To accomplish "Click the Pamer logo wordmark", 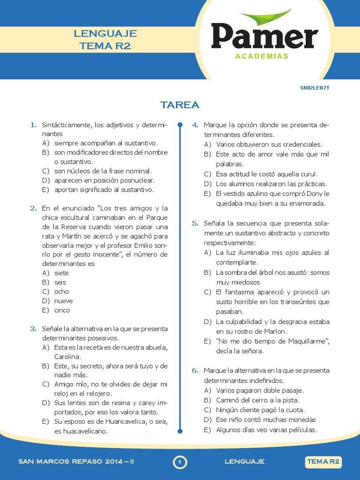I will click(x=264, y=37).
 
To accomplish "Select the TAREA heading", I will click(x=180, y=105).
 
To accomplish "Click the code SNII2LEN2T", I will click(x=318, y=88).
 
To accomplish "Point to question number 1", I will click(x=33, y=125).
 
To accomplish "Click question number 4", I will click(x=195, y=125).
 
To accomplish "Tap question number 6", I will click(x=195, y=370).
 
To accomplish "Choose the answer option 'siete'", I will click(x=61, y=273).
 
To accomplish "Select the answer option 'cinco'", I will click(x=62, y=310).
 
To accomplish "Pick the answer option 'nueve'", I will click(x=63, y=301).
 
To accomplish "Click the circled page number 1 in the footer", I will click(x=180, y=462).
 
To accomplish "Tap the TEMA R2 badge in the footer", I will click(x=323, y=462).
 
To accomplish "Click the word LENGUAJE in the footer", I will click(x=245, y=462).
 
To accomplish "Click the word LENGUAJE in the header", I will click(x=105, y=34).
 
